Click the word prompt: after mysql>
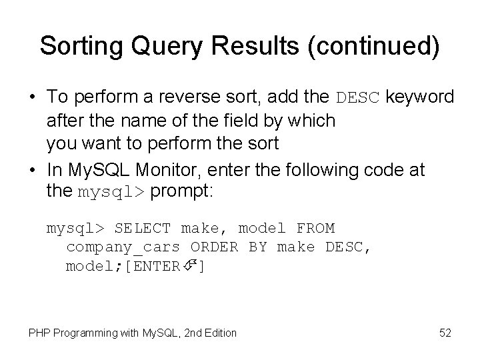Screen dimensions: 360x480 click(181, 192)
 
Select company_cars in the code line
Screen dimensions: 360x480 click(123, 247)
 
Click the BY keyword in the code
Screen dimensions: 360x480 click(257, 247)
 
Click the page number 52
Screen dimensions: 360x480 click(445, 332)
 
